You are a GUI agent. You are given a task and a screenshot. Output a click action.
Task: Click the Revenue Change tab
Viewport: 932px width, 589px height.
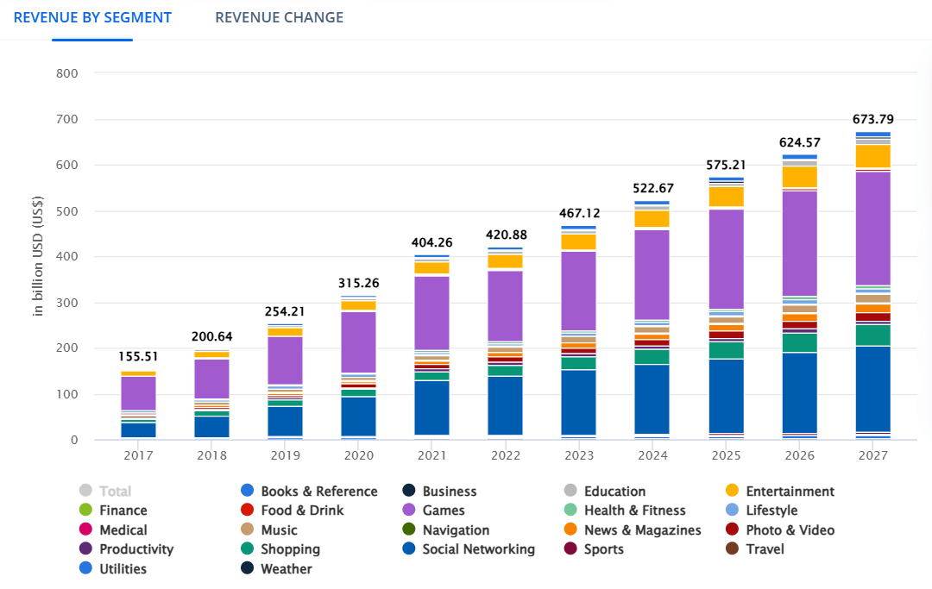click(x=279, y=17)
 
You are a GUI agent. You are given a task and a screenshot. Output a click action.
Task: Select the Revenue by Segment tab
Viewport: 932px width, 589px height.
click(x=92, y=17)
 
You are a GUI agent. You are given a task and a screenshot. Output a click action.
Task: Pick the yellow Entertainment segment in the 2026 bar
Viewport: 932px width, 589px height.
click(x=800, y=177)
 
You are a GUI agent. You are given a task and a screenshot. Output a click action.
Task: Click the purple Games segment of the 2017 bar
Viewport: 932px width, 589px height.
click(x=138, y=392)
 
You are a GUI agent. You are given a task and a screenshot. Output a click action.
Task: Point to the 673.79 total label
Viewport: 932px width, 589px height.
click(x=873, y=119)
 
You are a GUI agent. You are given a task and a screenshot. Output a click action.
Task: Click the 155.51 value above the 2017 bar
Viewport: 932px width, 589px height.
click(x=138, y=356)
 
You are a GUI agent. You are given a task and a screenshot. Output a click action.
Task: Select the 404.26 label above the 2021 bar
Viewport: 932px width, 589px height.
click(x=431, y=242)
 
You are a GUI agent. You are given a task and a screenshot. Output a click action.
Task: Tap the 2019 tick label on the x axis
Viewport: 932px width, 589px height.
click(x=285, y=454)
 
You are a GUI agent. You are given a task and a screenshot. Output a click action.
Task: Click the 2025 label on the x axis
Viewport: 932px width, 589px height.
click(x=726, y=454)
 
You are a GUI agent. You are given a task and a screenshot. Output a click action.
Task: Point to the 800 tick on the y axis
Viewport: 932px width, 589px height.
click(x=66, y=73)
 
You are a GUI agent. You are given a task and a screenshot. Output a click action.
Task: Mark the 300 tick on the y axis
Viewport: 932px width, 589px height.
click(x=66, y=303)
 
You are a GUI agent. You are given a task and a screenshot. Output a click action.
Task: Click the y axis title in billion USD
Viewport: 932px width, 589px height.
click(x=38, y=256)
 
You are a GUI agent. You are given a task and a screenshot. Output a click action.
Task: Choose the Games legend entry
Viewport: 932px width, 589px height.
click(x=444, y=511)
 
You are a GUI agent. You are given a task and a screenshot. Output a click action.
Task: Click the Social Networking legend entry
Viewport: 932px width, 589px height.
click(x=478, y=549)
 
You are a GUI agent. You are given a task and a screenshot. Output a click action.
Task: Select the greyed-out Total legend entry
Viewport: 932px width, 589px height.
click(x=115, y=492)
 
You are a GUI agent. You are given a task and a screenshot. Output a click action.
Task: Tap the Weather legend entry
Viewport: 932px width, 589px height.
click(x=286, y=569)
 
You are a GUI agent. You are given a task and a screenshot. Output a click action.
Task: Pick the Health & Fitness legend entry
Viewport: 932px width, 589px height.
click(x=634, y=511)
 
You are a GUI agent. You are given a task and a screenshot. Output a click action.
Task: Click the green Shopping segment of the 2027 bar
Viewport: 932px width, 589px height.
click(x=873, y=335)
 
